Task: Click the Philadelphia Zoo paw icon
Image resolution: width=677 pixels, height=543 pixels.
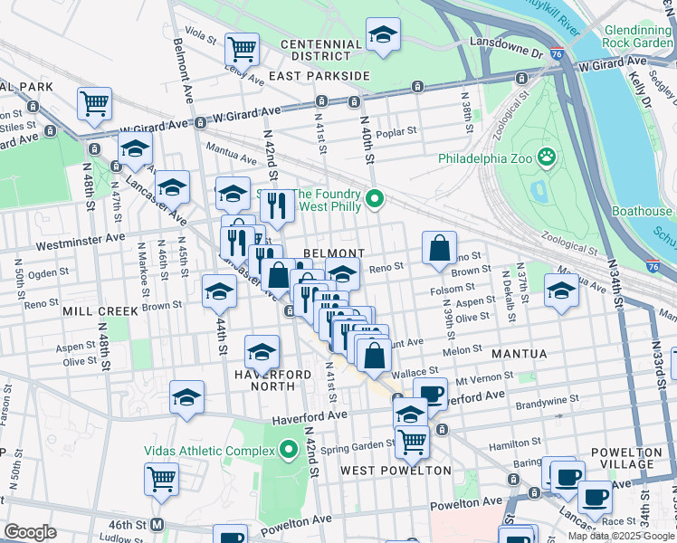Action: pyautogui.click(x=547, y=158)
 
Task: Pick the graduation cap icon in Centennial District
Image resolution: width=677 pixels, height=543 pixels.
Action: pyautogui.click(x=383, y=35)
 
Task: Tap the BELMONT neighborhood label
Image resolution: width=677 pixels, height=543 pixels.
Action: pyautogui.click(x=333, y=253)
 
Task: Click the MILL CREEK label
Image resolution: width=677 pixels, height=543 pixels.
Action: pyautogui.click(x=100, y=310)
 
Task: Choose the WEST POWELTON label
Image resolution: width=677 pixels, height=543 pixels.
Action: pyautogui.click(x=396, y=471)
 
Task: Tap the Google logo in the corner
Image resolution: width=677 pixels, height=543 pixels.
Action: pyautogui.click(x=29, y=532)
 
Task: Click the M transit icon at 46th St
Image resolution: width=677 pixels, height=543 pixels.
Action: pyautogui.click(x=157, y=524)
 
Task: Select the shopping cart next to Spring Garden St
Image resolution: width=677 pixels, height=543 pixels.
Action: pyautogui.click(x=412, y=441)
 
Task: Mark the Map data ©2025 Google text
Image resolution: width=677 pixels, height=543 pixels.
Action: pyautogui.click(x=621, y=536)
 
